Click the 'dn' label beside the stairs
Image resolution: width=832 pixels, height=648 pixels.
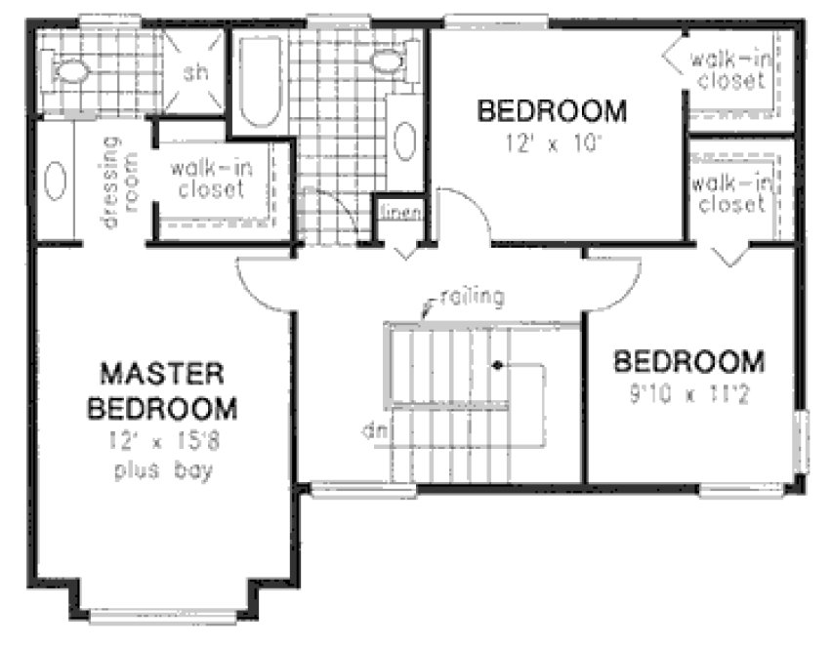[368, 428]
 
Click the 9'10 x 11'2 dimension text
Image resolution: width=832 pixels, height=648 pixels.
[687, 397]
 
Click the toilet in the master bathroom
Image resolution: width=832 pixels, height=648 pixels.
[70, 70]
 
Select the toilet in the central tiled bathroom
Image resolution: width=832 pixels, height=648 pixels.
[388, 61]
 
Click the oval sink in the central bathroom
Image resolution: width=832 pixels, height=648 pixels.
[404, 141]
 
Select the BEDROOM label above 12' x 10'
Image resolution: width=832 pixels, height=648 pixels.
[551, 110]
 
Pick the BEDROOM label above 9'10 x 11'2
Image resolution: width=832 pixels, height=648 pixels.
[687, 363]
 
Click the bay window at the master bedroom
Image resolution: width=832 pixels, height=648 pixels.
[164, 615]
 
